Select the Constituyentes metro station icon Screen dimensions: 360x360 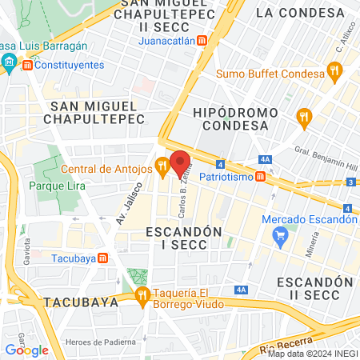click(x=28, y=65)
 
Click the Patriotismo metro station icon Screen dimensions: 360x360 click(x=261, y=176)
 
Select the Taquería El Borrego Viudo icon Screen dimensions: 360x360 click(x=142, y=297)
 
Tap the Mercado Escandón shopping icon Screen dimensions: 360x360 click(x=279, y=235)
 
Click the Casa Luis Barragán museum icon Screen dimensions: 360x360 click(x=10, y=62)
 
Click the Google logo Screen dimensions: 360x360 click(x=26, y=350)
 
